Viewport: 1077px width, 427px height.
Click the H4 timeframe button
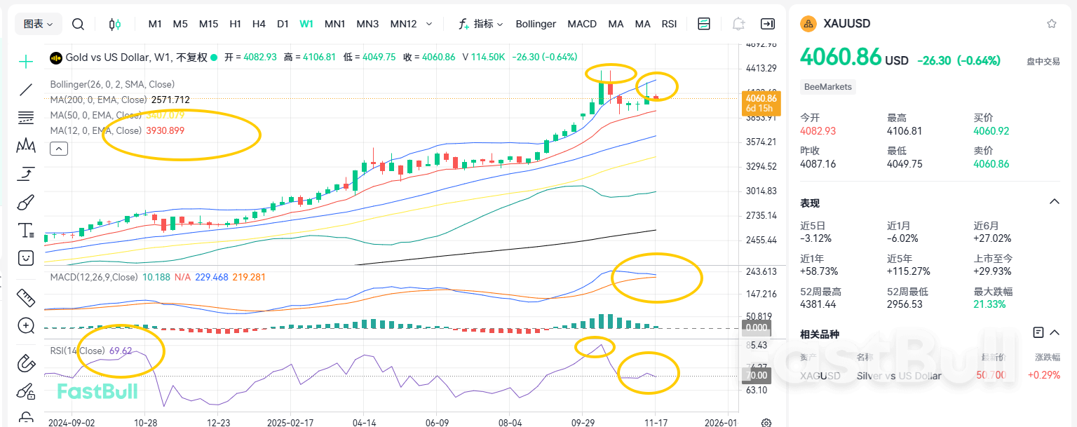(259, 24)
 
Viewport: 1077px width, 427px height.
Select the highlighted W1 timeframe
(306, 24)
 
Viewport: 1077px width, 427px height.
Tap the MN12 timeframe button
(403, 24)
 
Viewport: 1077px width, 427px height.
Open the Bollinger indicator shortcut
(536, 24)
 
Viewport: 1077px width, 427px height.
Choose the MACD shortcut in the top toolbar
(582, 24)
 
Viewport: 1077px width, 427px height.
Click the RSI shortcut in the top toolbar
(669, 24)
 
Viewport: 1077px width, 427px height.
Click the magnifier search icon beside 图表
(79, 24)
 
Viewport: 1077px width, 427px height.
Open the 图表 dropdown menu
(38, 24)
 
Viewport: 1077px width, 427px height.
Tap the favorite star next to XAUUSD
(1052, 24)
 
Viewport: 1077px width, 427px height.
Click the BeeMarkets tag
(828, 87)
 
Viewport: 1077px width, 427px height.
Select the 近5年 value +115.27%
(909, 271)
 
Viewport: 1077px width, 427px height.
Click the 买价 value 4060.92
(991, 131)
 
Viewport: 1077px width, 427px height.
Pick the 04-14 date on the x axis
(363, 423)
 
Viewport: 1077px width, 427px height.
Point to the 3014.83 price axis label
(761, 191)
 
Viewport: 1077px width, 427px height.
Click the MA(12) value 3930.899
(165, 130)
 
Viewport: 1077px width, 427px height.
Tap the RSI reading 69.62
(121, 351)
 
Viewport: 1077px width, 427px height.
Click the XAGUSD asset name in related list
(820, 376)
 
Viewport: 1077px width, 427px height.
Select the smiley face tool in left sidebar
(26, 257)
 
